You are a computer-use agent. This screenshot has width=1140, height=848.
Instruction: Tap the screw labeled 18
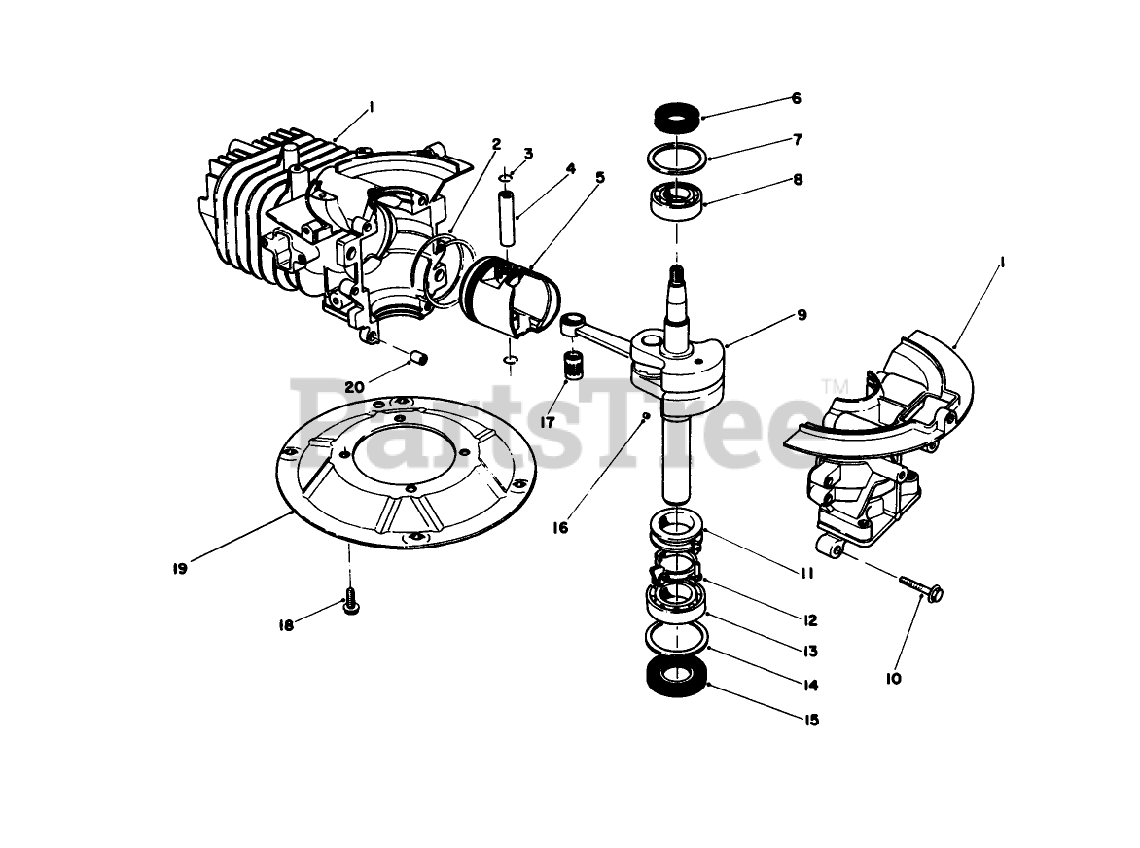click(350, 602)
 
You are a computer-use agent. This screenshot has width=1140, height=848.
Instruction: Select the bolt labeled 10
click(922, 587)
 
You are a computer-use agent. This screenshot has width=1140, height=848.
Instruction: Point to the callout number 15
click(811, 721)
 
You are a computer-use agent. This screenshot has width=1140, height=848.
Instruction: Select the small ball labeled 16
click(645, 417)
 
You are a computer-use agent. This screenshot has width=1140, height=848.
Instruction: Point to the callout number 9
click(802, 314)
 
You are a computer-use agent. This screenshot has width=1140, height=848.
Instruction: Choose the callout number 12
click(810, 619)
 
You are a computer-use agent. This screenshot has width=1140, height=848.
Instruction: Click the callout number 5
click(600, 177)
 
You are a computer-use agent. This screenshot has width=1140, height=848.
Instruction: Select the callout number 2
click(496, 144)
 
